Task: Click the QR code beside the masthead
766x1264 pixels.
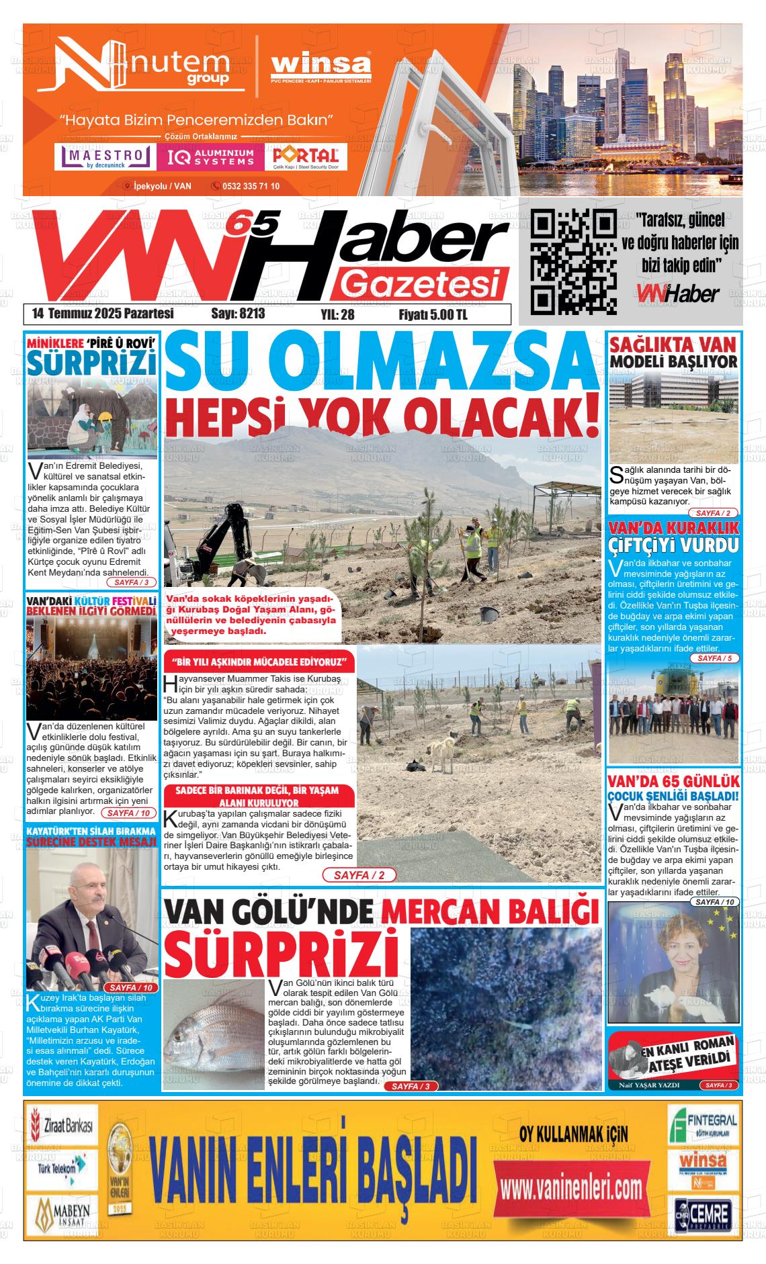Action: [x=573, y=261]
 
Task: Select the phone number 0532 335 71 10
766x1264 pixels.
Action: [x=251, y=186]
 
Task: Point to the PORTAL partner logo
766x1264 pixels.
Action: [x=306, y=157]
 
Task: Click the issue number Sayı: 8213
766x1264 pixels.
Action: [x=238, y=314]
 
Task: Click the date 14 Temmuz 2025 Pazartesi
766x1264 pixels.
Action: [x=103, y=314]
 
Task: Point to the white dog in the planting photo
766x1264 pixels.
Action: [x=441, y=753]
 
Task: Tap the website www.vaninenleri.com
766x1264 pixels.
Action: [x=572, y=1187]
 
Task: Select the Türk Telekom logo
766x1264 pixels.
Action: [x=61, y=1172]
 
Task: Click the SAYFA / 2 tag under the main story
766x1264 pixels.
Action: [x=359, y=875]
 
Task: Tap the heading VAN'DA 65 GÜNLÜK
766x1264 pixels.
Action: [x=673, y=782]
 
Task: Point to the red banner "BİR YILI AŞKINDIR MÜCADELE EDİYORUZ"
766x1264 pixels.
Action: [x=259, y=662]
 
